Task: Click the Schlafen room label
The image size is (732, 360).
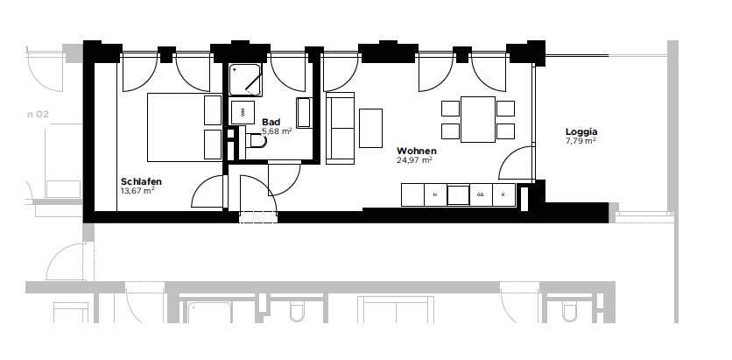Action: (x=141, y=181)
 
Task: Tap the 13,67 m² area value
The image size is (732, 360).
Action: (x=137, y=190)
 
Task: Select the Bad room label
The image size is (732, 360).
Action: (x=271, y=123)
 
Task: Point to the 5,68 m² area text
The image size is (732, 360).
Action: (x=277, y=132)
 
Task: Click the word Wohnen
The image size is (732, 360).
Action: (x=416, y=151)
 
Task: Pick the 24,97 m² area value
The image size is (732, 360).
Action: (x=415, y=160)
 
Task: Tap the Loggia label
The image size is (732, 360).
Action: (x=581, y=132)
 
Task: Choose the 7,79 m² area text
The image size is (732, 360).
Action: (x=581, y=141)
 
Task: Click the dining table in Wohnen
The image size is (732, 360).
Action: (x=477, y=119)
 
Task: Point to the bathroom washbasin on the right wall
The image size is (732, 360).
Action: (x=305, y=113)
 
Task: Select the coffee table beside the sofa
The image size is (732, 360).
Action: (x=371, y=128)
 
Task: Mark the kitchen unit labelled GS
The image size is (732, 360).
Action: (x=481, y=194)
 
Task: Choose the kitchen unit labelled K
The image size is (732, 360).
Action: (x=503, y=194)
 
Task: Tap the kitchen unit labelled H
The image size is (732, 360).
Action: (x=435, y=194)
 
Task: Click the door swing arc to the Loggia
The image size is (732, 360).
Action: (x=517, y=162)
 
